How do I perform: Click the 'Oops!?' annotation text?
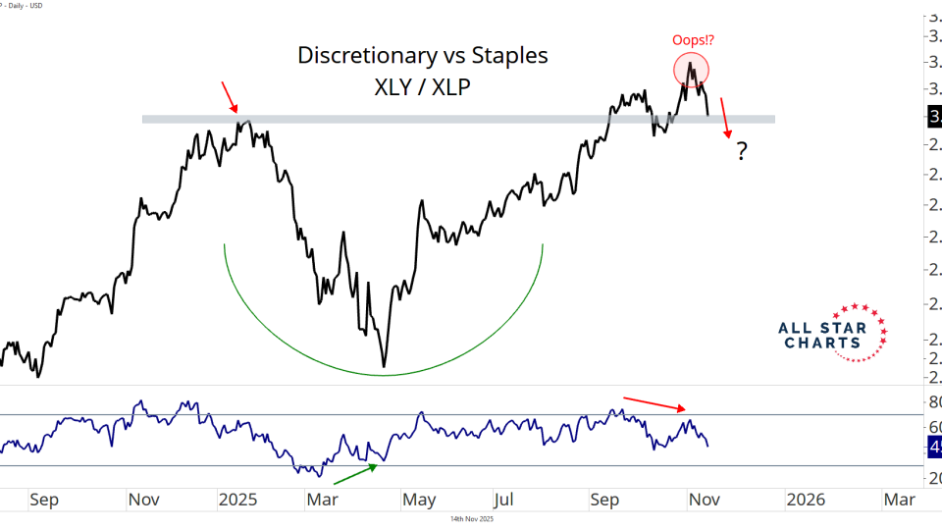tap(692, 40)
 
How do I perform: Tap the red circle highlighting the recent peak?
tap(692, 68)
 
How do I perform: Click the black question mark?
tap(743, 151)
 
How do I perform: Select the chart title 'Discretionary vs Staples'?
tap(423, 56)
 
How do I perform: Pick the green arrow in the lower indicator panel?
tap(355, 473)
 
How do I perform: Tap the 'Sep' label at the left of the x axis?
tap(43, 500)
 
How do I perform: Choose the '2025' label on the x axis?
tap(237, 500)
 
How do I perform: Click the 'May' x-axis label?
tap(419, 500)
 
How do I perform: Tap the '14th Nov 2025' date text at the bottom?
tap(471, 519)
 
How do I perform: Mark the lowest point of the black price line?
tap(384, 367)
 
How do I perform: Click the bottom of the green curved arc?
tap(384, 374)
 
